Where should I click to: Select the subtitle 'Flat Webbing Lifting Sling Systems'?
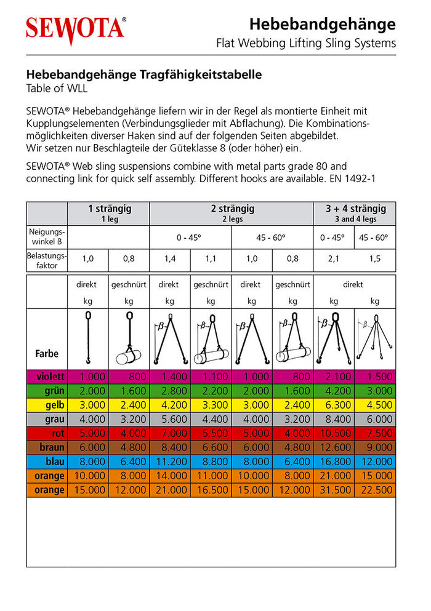[306, 44]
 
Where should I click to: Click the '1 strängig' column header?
[109, 213]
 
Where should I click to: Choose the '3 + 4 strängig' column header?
[355, 213]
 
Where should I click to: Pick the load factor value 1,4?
[170, 259]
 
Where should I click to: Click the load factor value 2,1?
[334, 259]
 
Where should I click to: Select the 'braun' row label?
[52, 447]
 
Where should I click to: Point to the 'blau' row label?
[54, 461]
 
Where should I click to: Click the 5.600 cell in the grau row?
[170, 419]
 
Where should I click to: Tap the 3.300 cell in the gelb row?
[211, 405]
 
